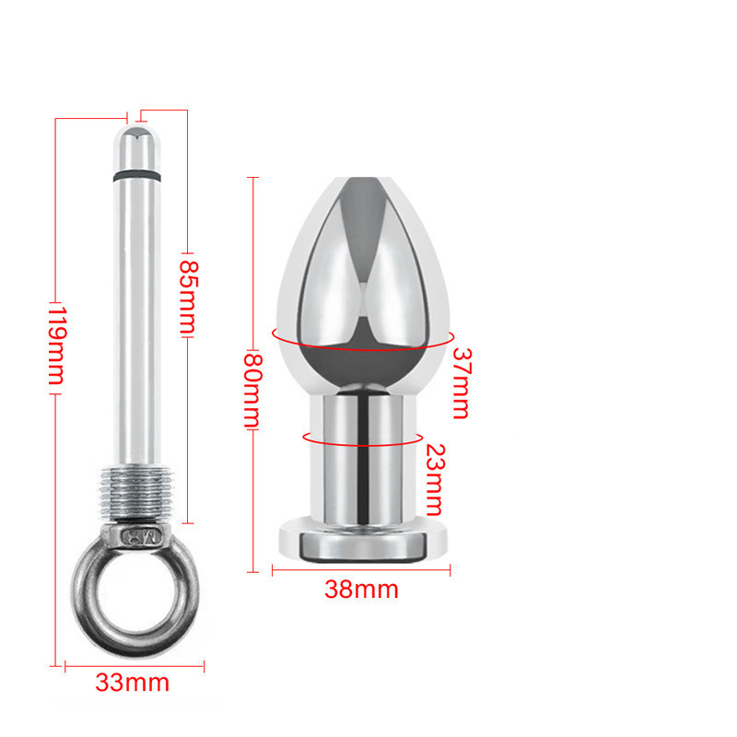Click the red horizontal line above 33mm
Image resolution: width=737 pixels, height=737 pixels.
pyautogui.click(x=134, y=663)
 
